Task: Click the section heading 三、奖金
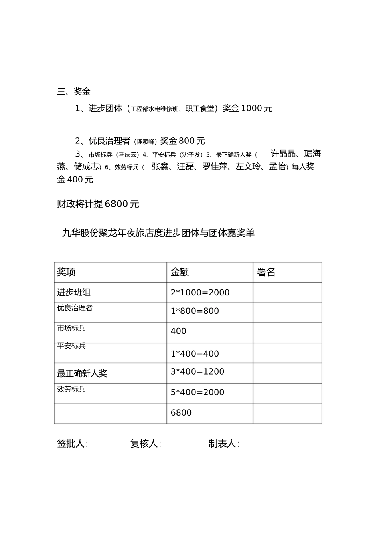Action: tap(74, 92)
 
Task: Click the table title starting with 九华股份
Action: tap(158, 233)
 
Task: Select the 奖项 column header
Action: tap(66, 272)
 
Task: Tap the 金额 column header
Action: tap(180, 272)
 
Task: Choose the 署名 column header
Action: tap(266, 272)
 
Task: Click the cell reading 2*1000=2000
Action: tap(200, 293)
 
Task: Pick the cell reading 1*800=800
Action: tap(195, 311)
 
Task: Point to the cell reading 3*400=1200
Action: tap(197, 371)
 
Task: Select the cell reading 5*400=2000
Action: tap(197, 392)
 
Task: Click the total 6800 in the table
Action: tap(181, 413)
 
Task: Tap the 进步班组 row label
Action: tap(74, 293)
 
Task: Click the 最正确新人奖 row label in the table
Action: tap(82, 373)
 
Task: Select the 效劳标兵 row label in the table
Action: tap(71, 389)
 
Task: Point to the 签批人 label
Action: tap(73, 444)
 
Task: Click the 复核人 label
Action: tap(146, 444)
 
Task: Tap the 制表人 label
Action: tap(224, 444)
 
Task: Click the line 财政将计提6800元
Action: tap(98, 204)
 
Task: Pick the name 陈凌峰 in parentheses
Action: tap(145, 141)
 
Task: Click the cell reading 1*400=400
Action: tap(195, 354)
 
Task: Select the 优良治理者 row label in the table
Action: tap(75, 308)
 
